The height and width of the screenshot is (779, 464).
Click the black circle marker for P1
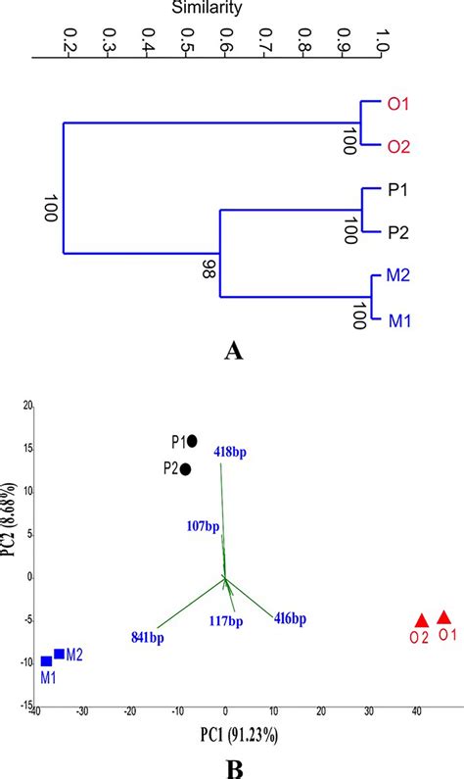(192, 441)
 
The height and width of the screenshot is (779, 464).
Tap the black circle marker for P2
(186, 469)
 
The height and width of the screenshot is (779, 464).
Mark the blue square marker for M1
(46, 661)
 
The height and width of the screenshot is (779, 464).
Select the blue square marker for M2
(60, 654)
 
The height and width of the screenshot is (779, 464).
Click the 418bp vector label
(231, 452)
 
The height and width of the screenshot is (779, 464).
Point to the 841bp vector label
(148, 637)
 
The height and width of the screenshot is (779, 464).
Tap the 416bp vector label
(290, 618)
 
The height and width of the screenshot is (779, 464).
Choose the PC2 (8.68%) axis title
(11, 539)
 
